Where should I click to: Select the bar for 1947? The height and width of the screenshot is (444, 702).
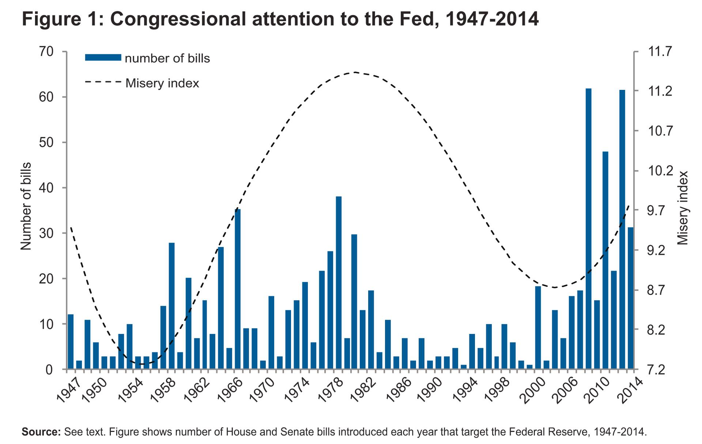(x=71, y=341)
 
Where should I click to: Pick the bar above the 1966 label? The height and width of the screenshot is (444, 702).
(x=238, y=289)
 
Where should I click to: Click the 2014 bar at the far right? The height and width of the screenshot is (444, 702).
(x=630, y=298)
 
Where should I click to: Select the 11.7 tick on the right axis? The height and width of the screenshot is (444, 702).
(x=660, y=52)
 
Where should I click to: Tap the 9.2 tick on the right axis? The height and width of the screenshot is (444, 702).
(x=660, y=250)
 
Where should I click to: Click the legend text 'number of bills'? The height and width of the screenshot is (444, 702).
(x=167, y=58)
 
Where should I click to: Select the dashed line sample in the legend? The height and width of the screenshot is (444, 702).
(x=103, y=83)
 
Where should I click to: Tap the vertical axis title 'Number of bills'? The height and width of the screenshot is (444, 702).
(x=26, y=206)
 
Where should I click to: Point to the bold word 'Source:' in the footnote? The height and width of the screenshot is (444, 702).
(x=41, y=432)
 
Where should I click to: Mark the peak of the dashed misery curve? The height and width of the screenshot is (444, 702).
(x=355, y=72)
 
